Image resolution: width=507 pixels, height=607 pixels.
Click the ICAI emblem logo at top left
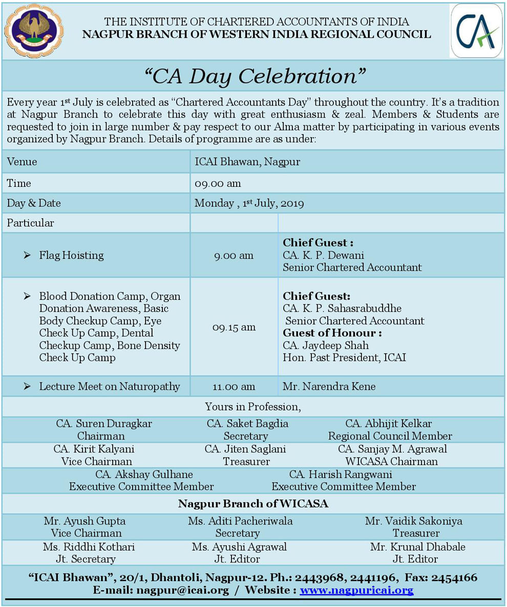coord(34,30)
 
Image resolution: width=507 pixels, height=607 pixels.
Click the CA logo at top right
coord(476,31)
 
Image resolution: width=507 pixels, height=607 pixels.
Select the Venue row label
coord(22,162)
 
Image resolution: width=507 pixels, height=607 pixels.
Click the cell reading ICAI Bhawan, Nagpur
coord(247,162)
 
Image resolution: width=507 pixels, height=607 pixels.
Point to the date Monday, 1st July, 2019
coord(249,203)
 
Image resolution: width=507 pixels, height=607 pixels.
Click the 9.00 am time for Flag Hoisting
coord(234,255)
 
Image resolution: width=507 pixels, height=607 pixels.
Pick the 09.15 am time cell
coord(234,327)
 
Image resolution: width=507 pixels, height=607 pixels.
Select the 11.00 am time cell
coord(234,386)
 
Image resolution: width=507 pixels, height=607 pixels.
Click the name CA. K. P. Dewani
coord(323,255)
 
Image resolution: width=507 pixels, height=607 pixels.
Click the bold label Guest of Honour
coord(332,333)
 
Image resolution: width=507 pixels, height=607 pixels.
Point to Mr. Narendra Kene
coord(329,386)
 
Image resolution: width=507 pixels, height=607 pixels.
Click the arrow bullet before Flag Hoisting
coord(27,255)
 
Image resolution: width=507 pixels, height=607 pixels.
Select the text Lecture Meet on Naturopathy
coord(110,386)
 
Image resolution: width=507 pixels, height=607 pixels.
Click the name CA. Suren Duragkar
coord(104,424)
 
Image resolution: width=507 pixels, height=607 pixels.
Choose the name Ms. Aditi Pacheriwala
coord(240,521)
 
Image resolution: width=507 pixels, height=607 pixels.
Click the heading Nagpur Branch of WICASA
coord(253,504)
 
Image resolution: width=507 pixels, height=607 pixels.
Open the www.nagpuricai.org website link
coord(356,590)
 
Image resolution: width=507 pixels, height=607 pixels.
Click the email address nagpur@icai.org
coord(182,590)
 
